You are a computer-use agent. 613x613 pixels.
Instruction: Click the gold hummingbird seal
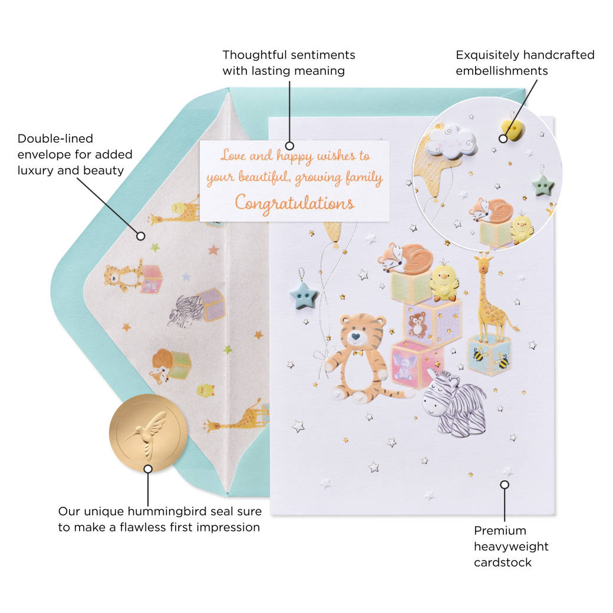tap(149, 433)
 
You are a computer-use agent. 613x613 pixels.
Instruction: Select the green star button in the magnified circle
tap(542, 185)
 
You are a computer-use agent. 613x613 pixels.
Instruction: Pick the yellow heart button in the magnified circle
tap(512, 130)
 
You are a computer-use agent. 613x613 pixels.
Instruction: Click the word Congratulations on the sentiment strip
tap(295, 203)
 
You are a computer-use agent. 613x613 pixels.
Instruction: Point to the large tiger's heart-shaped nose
tap(355, 336)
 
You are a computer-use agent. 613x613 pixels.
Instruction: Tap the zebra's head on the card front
tap(440, 395)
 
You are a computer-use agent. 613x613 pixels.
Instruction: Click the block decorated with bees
tap(489, 355)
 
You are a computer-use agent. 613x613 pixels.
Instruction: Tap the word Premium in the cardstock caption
tap(500, 530)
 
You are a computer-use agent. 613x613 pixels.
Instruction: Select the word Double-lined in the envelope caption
tap(55, 139)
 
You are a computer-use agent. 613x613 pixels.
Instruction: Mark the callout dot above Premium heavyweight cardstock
tap(505, 485)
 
